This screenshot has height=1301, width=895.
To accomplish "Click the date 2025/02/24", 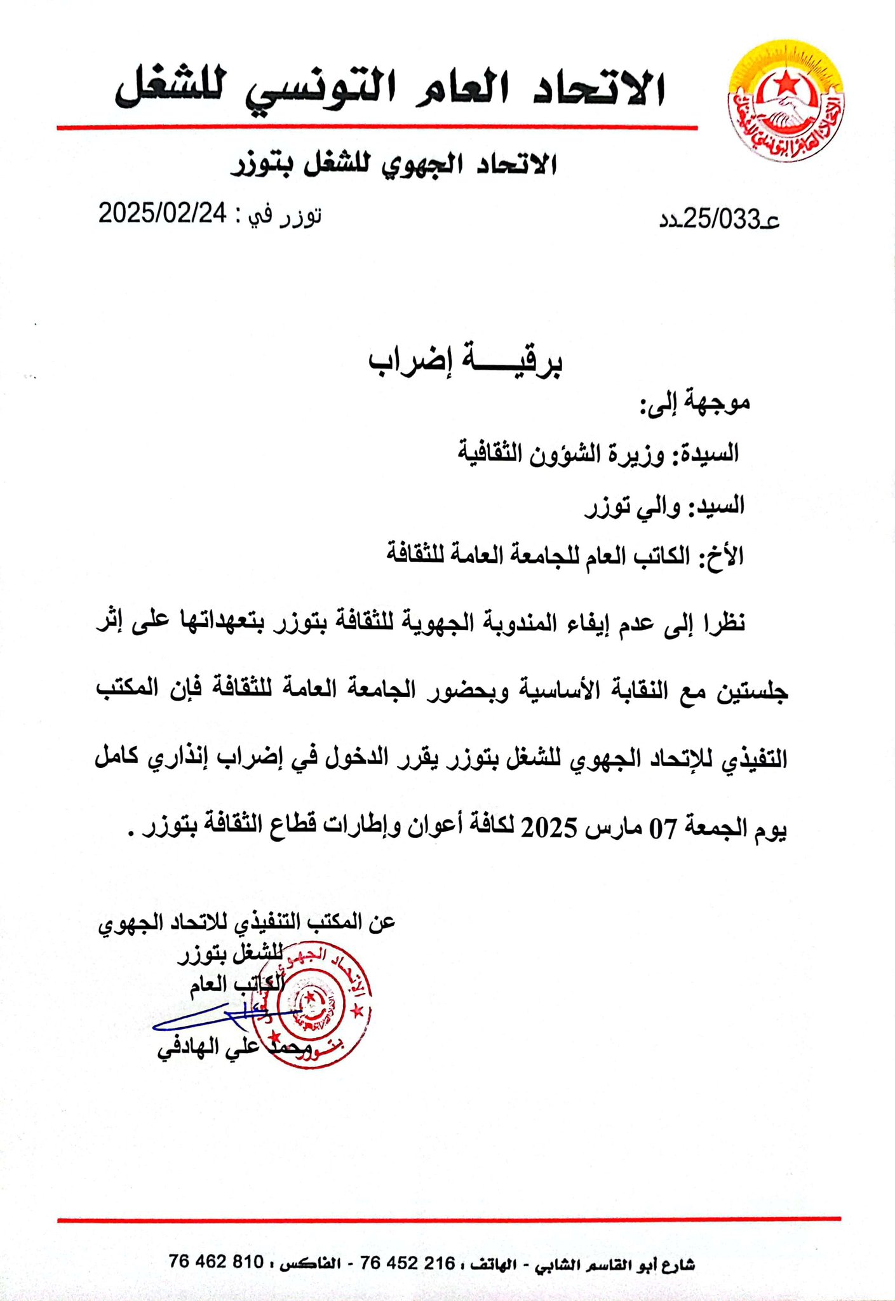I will [162, 213].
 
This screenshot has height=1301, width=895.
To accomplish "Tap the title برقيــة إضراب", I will [466, 361].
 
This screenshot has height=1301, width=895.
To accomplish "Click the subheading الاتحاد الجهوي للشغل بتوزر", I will [393, 164].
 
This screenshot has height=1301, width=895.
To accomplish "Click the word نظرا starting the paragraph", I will [722, 623].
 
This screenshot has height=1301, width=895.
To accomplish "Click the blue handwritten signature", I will [210, 1016].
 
